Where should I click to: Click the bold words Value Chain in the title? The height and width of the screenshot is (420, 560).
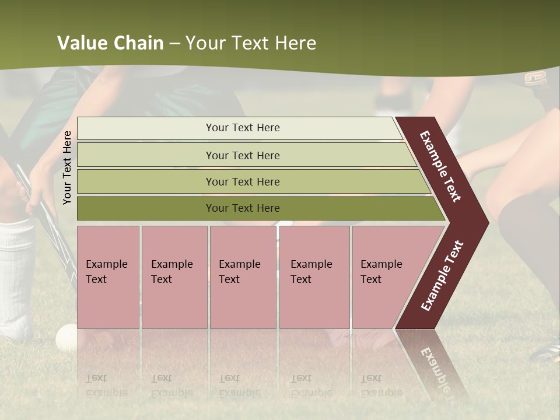click(110, 43)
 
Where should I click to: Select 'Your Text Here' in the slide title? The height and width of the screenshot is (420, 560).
click(251, 43)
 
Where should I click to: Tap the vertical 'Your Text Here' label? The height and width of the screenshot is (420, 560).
click(67, 167)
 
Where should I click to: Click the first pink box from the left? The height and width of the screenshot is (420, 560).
click(108, 276)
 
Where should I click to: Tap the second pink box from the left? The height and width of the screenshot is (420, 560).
click(174, 276)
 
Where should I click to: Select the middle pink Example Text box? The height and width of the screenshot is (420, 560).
click(243, 276)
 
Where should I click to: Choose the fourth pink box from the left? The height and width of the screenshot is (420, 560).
click(314, 276)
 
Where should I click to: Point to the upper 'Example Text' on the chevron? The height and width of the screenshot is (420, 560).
click(440, 166)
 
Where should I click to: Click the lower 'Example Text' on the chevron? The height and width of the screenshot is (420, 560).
click(442, 275)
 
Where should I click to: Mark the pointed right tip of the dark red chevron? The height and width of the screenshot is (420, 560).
click(487, 222)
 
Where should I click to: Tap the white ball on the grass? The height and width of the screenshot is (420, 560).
click(66, 337)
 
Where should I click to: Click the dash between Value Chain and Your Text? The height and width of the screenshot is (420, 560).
click(174, 44)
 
